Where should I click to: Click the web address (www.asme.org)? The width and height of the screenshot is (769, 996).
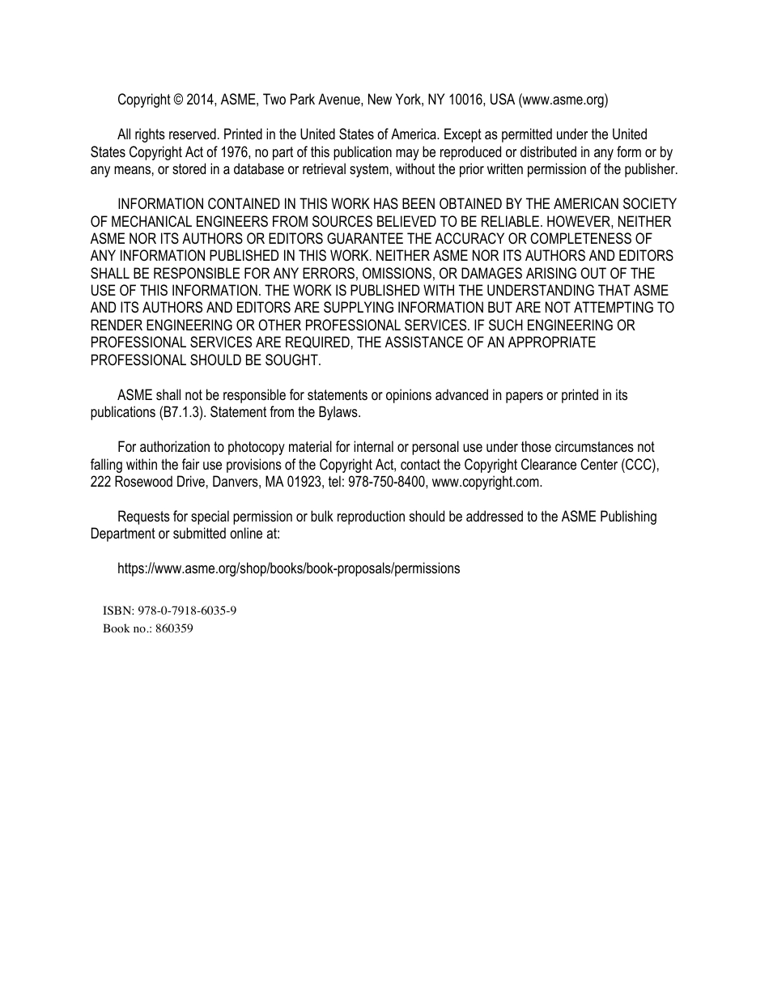(x=563, y=100)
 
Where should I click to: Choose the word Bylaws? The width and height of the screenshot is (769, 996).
(x=338, y=412)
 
